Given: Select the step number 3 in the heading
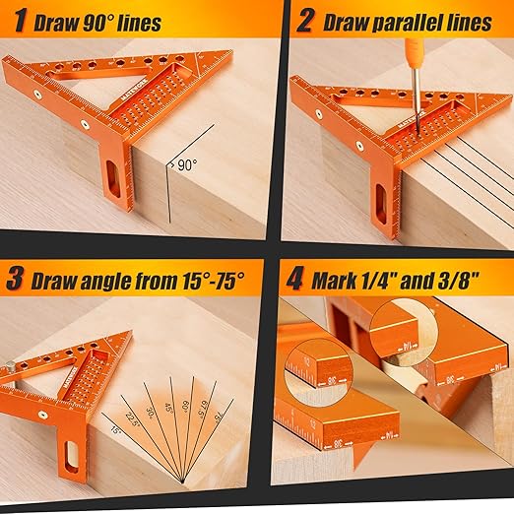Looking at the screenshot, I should tap(15, 280).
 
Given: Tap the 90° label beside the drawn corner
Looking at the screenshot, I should tap(185, 166).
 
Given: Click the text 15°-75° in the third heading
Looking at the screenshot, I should tap(201, 280).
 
